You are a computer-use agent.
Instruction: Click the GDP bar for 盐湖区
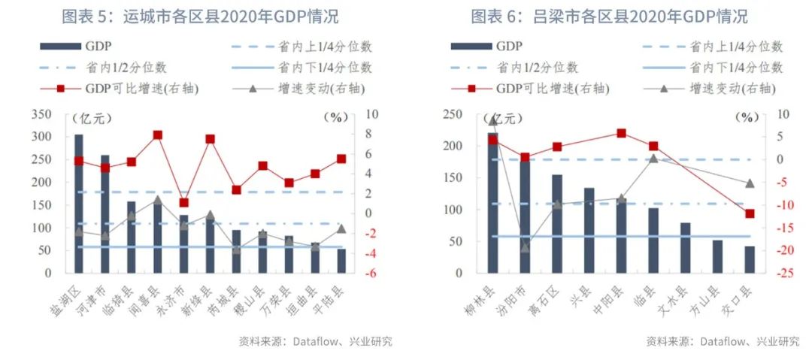pyautogui.click(x=79, y=203)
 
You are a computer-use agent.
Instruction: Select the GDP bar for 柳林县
pyautogui.click(x=493, y=203)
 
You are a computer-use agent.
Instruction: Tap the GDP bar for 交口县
pyautogui.click(x=750, y=259)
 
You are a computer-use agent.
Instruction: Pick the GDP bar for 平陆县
pyautogui.click(x=341, y=260)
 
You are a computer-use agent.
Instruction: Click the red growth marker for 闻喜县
pyautogui.click(x=158, y=135)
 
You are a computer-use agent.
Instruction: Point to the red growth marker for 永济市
pyautogui.click(x=184, y=202)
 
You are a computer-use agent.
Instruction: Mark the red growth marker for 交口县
pyautogui.click(x=750, y=213)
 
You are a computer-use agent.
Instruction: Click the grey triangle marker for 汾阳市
pyautogui.click(x=525, y=247)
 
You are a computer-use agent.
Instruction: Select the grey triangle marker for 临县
pyautogui.click(x=653, y=159)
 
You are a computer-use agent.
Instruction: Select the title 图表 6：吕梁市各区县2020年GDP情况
pyautogui.click(x=609, y=16)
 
